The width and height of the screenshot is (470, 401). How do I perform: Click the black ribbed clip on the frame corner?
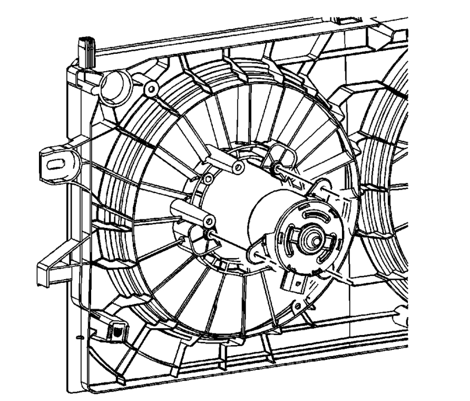pos(86,47)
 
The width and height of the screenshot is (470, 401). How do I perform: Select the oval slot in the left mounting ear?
pos(54,164)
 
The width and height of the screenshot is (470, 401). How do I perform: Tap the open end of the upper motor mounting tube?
pos(239,168)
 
